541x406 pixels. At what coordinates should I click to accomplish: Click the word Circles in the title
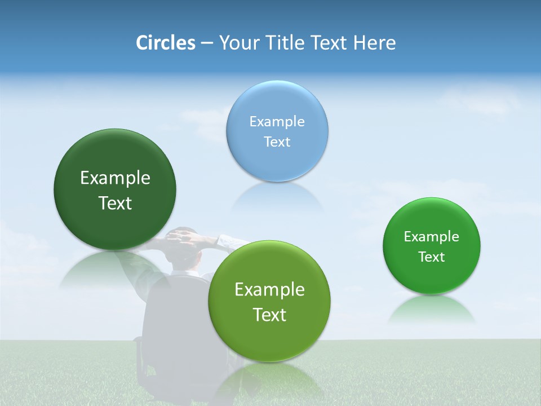point(165,43)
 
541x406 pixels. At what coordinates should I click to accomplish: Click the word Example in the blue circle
point(277,122)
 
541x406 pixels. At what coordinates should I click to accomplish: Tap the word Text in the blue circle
point(277,142)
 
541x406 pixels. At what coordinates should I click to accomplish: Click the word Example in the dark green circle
point(115,178)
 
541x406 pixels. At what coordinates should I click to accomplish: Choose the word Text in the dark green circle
point(115,204)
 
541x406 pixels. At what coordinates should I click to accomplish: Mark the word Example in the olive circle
point(269,290)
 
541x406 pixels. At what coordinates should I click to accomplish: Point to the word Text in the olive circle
point(269,315)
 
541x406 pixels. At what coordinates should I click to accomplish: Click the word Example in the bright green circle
point(432,237)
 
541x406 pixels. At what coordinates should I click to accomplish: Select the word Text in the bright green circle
point(432,257)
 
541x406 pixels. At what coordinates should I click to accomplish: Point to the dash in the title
point(206,43)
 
